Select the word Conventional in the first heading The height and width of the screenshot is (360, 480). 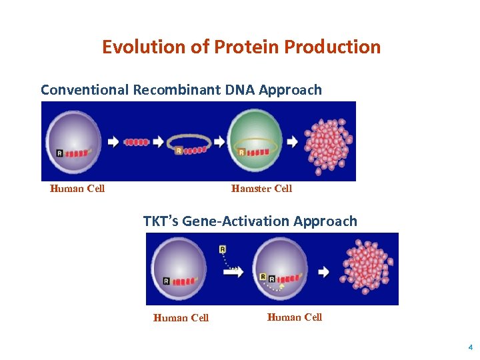coord(85,90)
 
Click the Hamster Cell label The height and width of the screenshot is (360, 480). coord(261,189)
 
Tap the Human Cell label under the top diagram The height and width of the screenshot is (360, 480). coord(77,189)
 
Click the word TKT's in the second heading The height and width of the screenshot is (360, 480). coord(161,221)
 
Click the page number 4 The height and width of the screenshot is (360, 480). coord(469,347)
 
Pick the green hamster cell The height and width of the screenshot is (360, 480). coord(254,139)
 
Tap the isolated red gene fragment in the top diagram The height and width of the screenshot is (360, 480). coord(136,142)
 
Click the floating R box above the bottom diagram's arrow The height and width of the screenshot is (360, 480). coord(222,249)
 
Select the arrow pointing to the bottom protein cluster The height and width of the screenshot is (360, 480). coord(323,272)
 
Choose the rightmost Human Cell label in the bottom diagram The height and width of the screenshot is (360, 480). coord(295,317)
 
